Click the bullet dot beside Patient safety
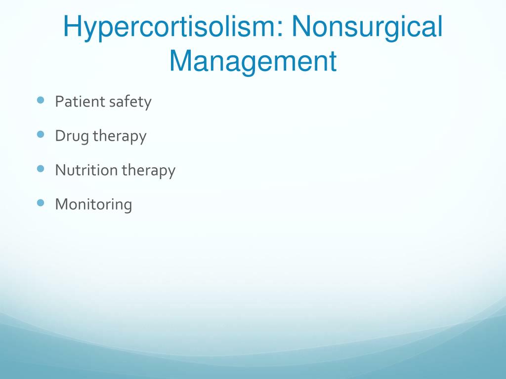[x=41, y=100]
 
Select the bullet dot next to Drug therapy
[x=41, y=134]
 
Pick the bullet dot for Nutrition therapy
[x=41, y=169]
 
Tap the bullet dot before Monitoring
[x=41, y=203]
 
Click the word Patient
[x=81, y=102]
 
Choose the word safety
[x=130, y=103]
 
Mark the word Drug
[x=72, y=137]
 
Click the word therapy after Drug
[x=120, y=137]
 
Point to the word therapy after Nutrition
[x=148, y=171]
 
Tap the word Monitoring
[x=93, y=205]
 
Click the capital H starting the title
[x=72, y=27]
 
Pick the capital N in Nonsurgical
[x=301, y=27]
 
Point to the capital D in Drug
[x=61, y=136]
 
